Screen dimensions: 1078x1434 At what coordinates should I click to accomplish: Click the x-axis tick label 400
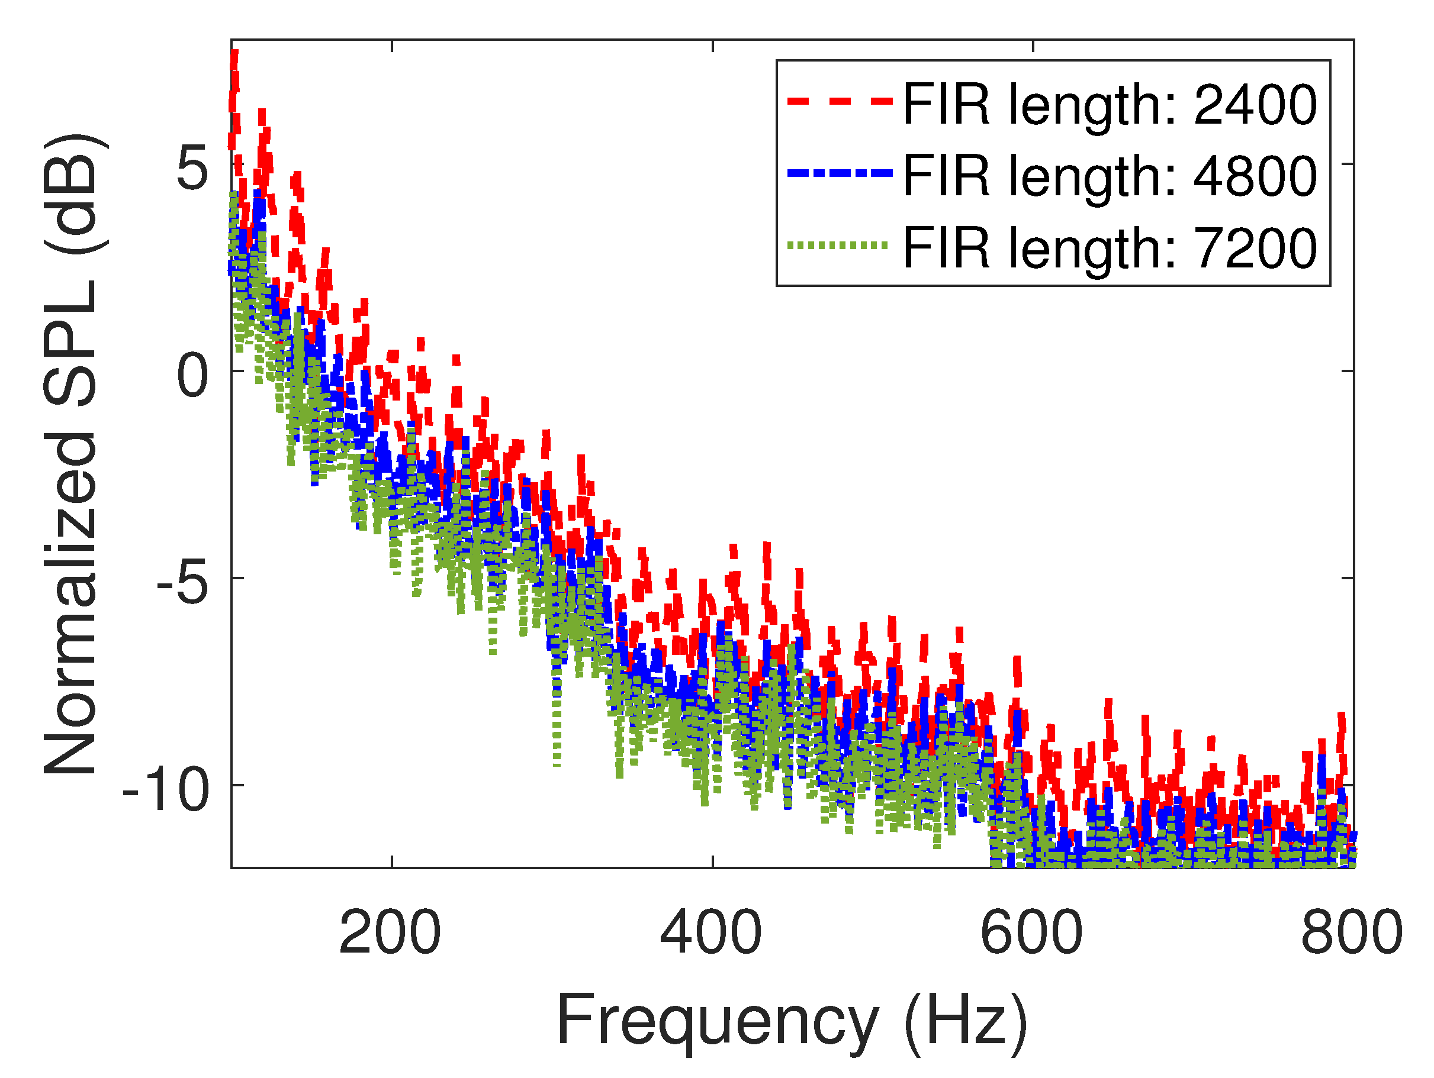(710, 933)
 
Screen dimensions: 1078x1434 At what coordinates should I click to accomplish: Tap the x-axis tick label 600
(1031, 933)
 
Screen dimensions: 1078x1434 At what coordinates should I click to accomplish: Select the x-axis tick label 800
(1352, 933)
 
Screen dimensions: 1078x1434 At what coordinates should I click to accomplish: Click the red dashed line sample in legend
(839, 101)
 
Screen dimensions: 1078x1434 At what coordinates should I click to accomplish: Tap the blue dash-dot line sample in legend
(839, 173)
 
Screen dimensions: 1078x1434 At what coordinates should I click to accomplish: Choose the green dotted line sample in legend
(839, 246)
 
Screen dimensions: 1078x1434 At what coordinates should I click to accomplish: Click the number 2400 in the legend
(1255, 105)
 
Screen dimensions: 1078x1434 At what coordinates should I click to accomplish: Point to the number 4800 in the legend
(1255, 177)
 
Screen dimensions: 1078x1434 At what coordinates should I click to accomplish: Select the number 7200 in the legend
(1255, 248)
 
